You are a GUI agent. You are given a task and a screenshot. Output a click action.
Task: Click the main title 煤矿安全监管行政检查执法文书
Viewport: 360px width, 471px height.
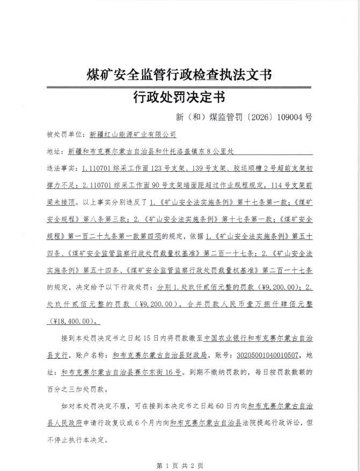pyautogui.click(x=179, y=75)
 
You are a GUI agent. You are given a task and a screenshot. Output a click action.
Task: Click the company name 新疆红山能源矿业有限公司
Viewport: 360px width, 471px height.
pyautogui.click(x=133, y=135)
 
